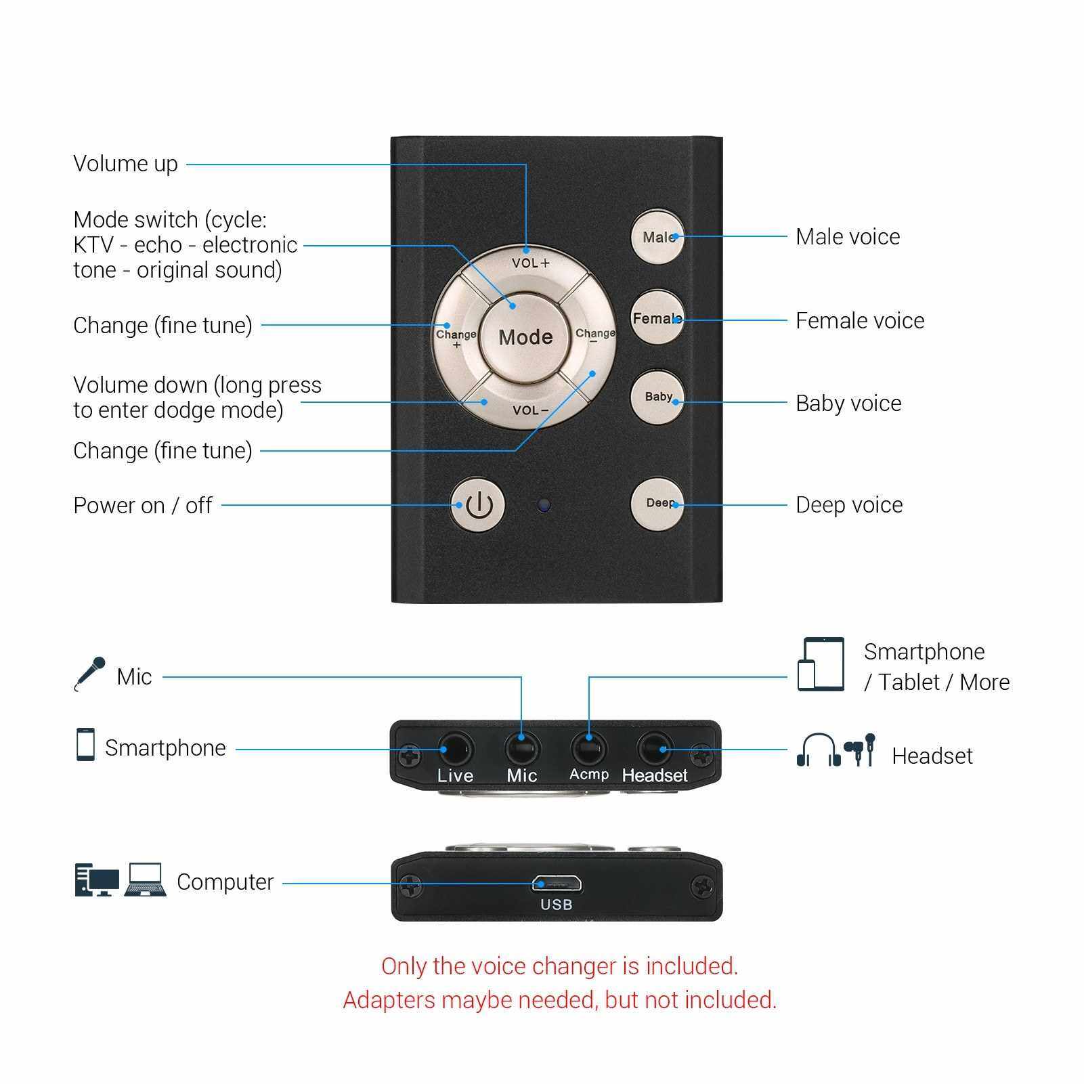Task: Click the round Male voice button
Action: [657, 236]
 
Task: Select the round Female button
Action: [657, 318]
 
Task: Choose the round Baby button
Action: [657, 398]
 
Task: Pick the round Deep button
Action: [657, 504]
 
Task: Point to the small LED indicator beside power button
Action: [543, 505]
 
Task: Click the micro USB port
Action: [557, 884]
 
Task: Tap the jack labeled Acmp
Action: [588, 749]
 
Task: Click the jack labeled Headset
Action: [655, 749]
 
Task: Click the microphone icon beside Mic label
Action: [89, 674]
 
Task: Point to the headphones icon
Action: [818, 750]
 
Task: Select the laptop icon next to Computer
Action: [145, 880]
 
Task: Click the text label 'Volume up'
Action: [125, 164]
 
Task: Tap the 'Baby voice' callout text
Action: [848, 404]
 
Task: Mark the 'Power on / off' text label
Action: [143, 505]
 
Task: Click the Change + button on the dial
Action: [456, 337]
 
